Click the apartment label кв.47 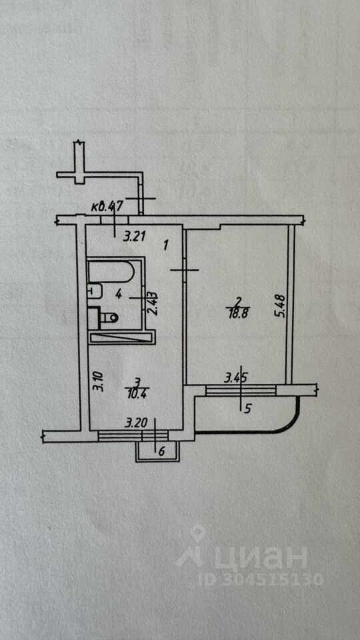click(102, 207)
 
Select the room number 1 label click(166, 245)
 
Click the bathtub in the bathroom click(111, 272)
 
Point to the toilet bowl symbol click(109, 317)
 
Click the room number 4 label click(119, 293)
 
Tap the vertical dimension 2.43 click(153, 303)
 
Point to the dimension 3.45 click(236, 379)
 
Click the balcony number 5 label click(247, 409)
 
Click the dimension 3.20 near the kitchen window click(135, 423)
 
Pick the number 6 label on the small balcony click(161, 451)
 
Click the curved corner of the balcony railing click(291, 424)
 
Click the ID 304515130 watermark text click(261, 579)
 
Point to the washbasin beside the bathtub click(95, 291)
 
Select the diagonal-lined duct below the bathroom click(121, 337)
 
